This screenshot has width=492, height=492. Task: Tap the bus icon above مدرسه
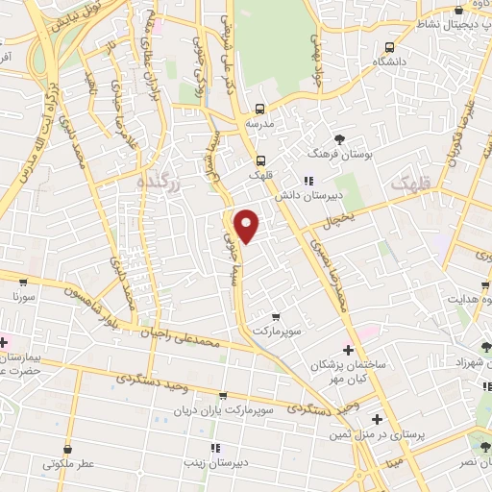point(260,109)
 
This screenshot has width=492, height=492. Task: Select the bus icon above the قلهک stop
point(259,160)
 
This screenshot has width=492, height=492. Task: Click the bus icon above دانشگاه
point(389,46)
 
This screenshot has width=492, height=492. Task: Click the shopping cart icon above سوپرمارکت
point(278,316)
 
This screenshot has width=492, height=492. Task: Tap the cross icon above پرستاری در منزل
point(378,420)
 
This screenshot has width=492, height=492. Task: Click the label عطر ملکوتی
point(68,463)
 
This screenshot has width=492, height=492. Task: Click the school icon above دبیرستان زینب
point(215,447)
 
